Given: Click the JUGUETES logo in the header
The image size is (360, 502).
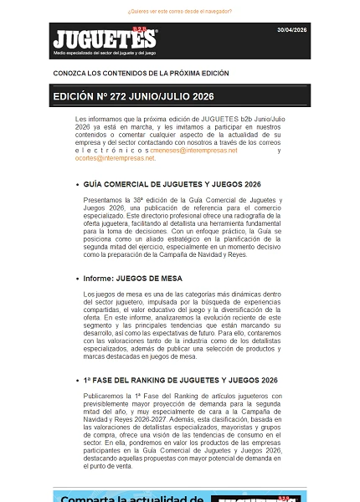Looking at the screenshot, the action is [104, 38].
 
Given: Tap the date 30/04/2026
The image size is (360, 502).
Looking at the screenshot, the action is [292, 29].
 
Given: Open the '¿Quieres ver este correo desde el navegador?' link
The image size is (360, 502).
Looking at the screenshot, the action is [180, 12].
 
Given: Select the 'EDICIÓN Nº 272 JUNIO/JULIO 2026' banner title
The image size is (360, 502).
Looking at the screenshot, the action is [133, 97].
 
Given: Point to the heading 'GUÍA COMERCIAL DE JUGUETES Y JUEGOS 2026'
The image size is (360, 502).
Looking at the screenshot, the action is [172, 183].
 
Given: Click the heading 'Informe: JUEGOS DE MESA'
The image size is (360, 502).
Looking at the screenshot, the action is [133, 278].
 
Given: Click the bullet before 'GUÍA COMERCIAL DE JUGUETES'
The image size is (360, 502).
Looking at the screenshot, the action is [77, 183].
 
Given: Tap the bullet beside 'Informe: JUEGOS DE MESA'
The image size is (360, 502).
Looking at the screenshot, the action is [77, 278].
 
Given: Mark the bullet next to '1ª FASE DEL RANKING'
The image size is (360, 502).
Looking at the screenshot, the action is [77, 380].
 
